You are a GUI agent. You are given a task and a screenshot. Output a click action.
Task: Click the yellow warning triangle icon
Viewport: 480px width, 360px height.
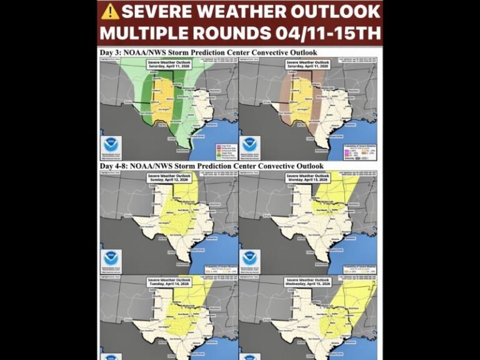point(111,11)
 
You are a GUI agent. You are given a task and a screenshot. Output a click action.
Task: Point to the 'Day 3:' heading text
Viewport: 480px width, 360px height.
point(112,52)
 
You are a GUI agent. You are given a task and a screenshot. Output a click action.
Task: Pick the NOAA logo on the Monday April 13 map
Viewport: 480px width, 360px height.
point(250,258)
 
